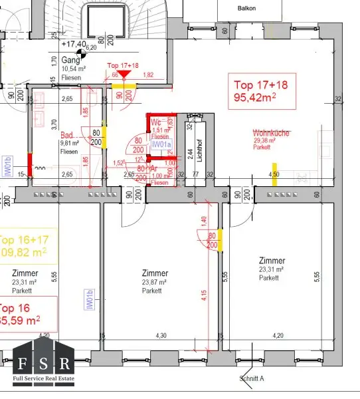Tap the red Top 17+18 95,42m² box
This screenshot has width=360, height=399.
tap(264, 91)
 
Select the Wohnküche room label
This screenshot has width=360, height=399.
tap(270, 134)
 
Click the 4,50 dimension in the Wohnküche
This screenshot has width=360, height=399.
tap(273, 175)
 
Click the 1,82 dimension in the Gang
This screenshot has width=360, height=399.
tap(149, 76)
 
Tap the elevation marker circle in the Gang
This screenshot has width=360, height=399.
tap(80, 53)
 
